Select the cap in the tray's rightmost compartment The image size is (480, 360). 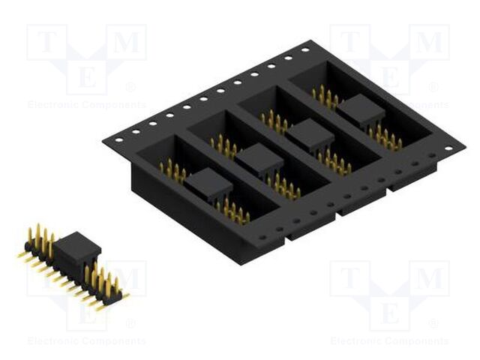point(360,111)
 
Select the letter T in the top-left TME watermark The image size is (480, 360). point(46,43)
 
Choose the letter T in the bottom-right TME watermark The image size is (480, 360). point(350,280)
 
